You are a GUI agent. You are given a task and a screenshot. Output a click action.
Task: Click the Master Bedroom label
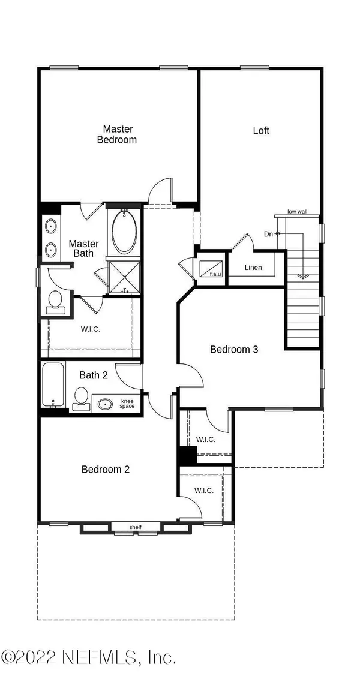click(x=118, y=134)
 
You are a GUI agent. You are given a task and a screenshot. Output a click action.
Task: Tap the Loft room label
click(x=261, y=130)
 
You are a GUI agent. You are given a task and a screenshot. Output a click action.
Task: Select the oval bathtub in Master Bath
click(x=124, y=232)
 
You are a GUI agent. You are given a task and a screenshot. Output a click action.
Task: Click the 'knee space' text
click(x=127, y=404)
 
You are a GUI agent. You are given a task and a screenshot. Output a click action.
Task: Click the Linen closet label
click(x=254, y=267)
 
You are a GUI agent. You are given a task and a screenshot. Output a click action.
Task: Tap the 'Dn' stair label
click(x=268, y=233)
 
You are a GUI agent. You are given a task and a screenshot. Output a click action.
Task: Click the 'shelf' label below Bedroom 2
click(x=135, y=527)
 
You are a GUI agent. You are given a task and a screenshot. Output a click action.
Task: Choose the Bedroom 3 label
click(x=234, y=349)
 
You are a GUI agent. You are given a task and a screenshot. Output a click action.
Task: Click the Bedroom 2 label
click(x=106, y=469)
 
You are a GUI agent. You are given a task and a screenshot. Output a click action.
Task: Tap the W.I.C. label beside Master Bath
click(x=89, y=328)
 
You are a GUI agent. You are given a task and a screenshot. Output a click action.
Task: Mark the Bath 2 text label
click(x=93, y=375)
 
